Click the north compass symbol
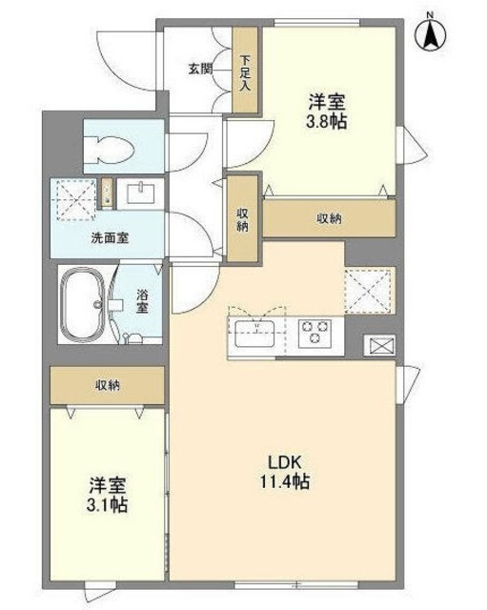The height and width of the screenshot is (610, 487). [430, 35]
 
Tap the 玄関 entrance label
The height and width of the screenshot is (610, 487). [199, 69]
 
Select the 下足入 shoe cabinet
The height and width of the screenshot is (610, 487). [246, 71]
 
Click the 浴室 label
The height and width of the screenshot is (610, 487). [142, 302]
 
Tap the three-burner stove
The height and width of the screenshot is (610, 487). [313, 333]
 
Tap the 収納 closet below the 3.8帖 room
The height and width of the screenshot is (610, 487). [330, 219]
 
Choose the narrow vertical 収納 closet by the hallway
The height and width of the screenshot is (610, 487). [243, 218]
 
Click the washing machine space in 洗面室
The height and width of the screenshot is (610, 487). [74, 198]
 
